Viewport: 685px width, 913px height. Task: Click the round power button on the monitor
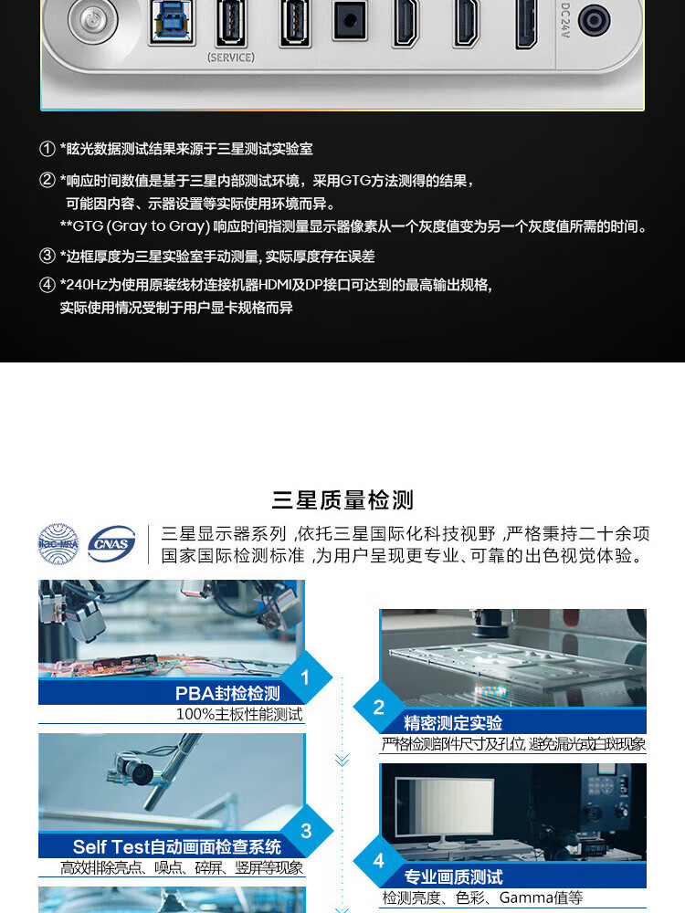click(x=92, y=21)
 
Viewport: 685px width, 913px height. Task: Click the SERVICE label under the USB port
click(x=231, y=58)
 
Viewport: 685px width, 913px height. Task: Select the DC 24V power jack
click(x=594, y=20)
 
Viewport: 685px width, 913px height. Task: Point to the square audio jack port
click(x=350, y=21)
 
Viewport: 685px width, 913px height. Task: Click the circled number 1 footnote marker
click(x=47, y=149)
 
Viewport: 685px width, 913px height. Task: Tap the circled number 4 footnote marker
click(x=47, y=285)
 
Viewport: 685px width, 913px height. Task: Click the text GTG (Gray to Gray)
click(x=141, y=226)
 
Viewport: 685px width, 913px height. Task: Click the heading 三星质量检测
click(x=342, y=500)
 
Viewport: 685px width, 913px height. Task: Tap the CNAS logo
click(x=111, y=544)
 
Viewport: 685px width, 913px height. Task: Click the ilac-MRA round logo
click(x=58, y=544)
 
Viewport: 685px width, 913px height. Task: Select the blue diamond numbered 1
click(x=305, y=677)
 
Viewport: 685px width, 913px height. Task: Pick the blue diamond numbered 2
click(x=379, y=707)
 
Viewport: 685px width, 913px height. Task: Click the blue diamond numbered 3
click(x=306, y=831)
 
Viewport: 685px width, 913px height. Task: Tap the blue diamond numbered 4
click(x=379, y=860)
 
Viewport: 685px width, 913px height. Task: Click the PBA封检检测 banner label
click(x=227, y=693)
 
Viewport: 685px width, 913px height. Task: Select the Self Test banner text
click(x=177, y=846)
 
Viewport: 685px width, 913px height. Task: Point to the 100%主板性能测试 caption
click(x=239, y=715)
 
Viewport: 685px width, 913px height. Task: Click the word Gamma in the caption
click(x=526, y=897)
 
